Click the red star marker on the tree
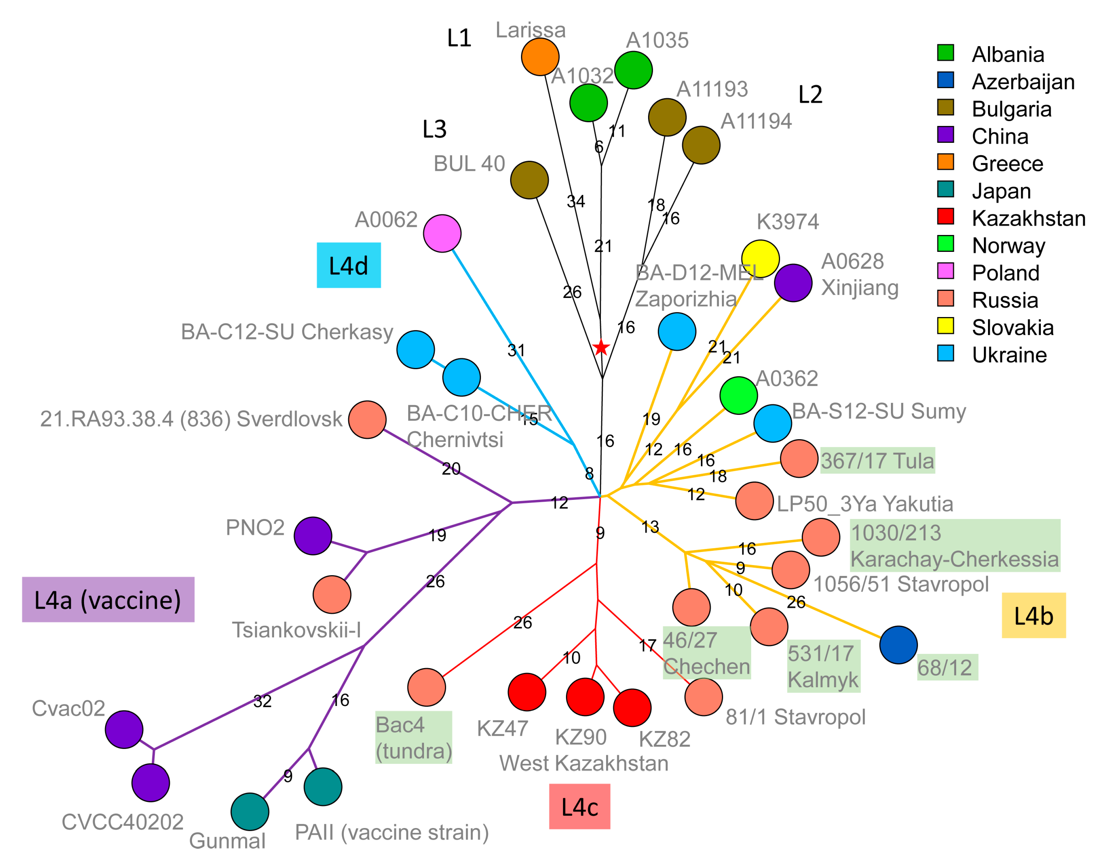(601, 348)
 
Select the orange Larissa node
(540, 57)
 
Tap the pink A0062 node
(442, 233)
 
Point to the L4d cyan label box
(348, 265)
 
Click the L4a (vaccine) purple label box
(108, 599)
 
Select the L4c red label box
(580, 806)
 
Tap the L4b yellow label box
(1034, 615)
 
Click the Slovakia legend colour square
(945, 326)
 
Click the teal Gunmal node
(250, 812)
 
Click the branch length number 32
(262, 702)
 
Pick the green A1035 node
(633, 70)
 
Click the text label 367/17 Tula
(877, 461)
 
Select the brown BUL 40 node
(529, 180)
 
